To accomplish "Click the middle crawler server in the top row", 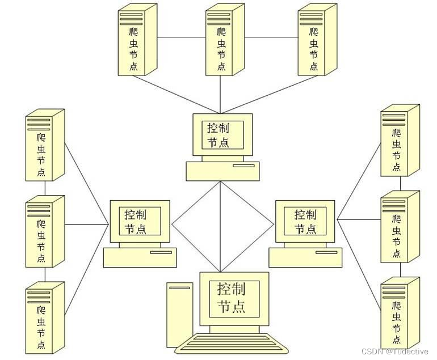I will coord(224,41).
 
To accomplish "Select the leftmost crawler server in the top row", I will coord(136,41).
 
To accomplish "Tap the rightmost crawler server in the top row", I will coord(316,41).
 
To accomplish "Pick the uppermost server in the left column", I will coord(44,146).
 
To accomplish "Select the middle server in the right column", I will coord(399,227).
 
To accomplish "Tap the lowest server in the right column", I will coord(399,313).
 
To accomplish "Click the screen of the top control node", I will coord(222,135).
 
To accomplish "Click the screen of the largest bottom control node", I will coord(234,298).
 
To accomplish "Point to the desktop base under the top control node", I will coord(223,170).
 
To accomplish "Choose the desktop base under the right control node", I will coord(305,257).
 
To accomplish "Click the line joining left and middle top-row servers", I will coord(180,38).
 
